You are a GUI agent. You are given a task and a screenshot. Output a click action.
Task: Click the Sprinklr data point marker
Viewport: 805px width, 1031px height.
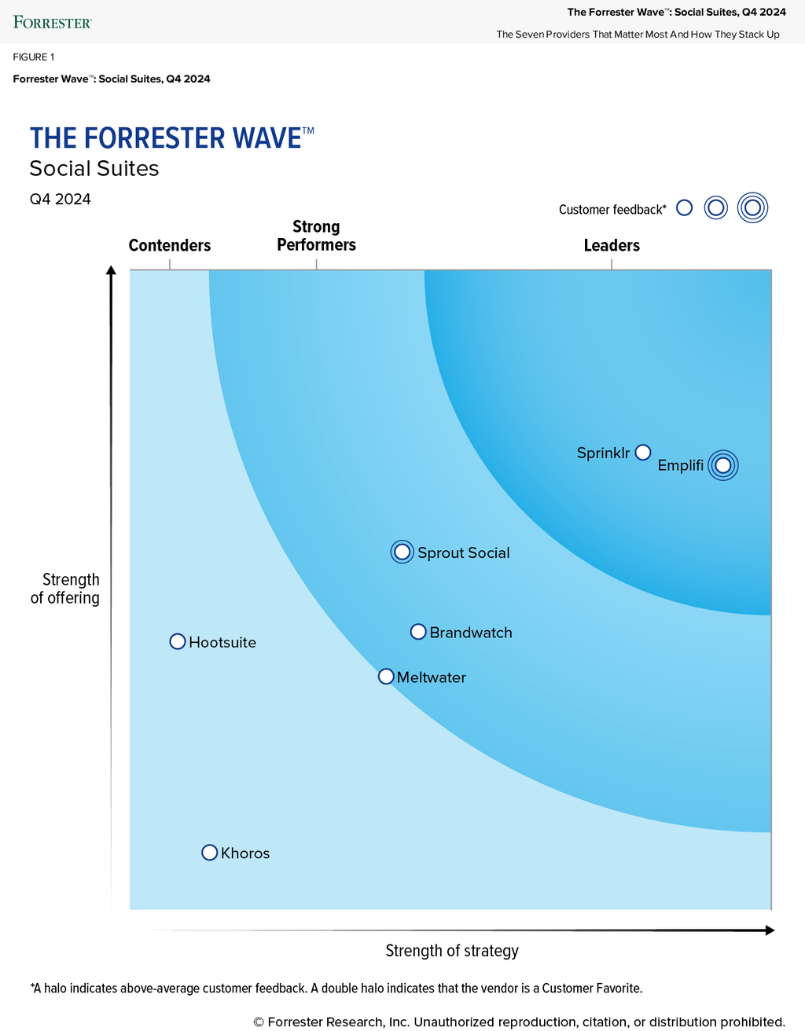[x=643, y=452]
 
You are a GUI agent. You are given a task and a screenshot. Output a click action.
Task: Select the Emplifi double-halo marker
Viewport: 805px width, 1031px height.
[x=723, y=465]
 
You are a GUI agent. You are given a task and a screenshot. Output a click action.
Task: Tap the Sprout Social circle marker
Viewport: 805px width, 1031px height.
[x=402, y=552]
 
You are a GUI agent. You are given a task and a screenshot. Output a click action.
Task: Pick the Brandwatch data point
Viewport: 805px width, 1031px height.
[x=418, y=632]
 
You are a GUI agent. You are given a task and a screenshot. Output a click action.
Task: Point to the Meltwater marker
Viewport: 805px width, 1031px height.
[x=386, y=677]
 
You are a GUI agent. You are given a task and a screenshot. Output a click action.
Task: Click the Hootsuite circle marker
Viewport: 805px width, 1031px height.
[x=178, y=642]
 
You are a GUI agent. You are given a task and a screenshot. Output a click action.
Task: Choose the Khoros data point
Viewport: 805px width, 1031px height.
[x=209, y=853]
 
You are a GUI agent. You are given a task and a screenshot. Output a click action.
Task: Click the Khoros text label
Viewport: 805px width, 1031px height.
[x=245, y=853]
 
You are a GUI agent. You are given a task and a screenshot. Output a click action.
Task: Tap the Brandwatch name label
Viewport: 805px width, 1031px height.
[x=471, y=633]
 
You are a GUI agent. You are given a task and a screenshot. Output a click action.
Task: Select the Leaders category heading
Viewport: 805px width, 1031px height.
[x=612, y=245]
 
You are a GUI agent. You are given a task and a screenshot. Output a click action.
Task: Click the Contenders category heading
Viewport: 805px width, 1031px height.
[x=170, y=245]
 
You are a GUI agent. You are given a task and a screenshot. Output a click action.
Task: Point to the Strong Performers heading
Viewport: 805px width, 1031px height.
[x=316, y=236]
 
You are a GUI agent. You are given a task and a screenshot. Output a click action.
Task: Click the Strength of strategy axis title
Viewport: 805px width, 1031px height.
[x=452, y=951]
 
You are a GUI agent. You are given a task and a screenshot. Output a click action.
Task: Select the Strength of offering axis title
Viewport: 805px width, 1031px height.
[x=66, y=589]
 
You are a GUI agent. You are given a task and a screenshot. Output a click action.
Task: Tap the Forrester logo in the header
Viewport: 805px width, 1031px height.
[x=53, y=22]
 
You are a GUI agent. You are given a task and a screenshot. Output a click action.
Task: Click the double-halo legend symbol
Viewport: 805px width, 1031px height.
[x=752, y=208]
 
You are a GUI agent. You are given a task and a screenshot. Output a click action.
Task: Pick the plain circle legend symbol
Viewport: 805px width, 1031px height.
[x=685, y=207]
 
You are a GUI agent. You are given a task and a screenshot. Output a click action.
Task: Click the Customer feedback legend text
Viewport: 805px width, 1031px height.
[x=612, y=209]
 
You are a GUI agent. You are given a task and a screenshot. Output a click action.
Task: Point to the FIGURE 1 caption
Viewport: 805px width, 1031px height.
[x=34, y=57]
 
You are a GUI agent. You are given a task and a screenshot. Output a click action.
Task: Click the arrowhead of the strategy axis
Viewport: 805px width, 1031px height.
[x=770, y=930]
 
